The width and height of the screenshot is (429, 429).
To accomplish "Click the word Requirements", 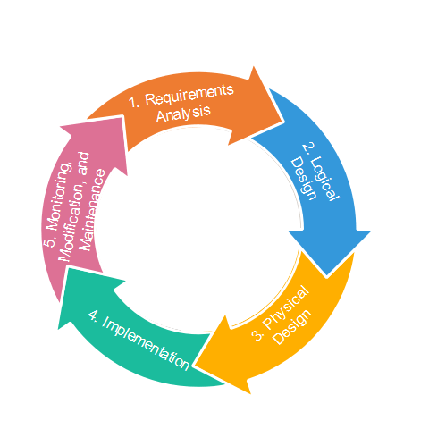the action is tap(189, 95).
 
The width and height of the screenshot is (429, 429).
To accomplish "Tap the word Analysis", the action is tap(183, 114).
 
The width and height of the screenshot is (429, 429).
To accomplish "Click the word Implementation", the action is tap(146, 343).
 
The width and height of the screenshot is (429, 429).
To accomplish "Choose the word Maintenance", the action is tap(93, 210).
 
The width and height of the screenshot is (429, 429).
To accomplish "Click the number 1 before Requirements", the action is tap(134, 103).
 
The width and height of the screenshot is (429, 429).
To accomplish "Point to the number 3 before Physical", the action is tap(258, 335).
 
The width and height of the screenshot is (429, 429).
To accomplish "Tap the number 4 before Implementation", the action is tap(93, 315).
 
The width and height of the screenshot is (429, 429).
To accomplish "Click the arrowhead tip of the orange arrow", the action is tap(282, 122).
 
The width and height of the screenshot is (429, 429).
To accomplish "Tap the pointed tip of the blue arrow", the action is tap(327, 277).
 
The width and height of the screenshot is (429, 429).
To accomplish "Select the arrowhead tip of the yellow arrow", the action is tap(195, 364).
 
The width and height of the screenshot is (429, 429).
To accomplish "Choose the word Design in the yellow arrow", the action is tap(293, 327).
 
